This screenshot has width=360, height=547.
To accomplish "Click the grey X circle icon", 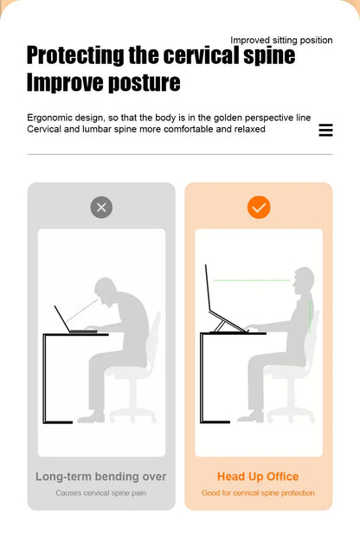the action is pos(101,208).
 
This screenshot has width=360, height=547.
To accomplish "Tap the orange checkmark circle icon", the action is pos(259,208).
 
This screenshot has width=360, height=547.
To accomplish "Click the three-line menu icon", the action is pos(325,130).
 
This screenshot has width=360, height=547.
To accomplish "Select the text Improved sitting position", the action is pos(281,40).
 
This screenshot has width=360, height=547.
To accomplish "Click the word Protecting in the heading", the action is pos(75,55).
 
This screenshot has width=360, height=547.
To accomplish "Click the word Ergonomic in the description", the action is pos(48,118).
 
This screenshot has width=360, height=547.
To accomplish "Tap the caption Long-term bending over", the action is pos(101,477).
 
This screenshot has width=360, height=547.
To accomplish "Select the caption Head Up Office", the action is pos(258,477).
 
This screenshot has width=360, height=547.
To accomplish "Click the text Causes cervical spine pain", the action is pos(100,493).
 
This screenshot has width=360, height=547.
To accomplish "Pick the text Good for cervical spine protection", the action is pos(258,493).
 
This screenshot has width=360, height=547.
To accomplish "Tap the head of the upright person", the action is pos(304,281).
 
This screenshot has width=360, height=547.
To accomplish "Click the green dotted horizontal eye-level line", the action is pos(252,280).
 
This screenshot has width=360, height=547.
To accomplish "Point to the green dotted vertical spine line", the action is pos(310,317).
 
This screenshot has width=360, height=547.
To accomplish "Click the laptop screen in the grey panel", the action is pos(62,319).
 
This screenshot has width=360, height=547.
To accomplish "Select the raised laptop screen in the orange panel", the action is pos(208,288).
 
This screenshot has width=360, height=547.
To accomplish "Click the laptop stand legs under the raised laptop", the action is pos(219,326).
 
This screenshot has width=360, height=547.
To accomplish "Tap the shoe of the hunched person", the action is pos(92,417).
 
